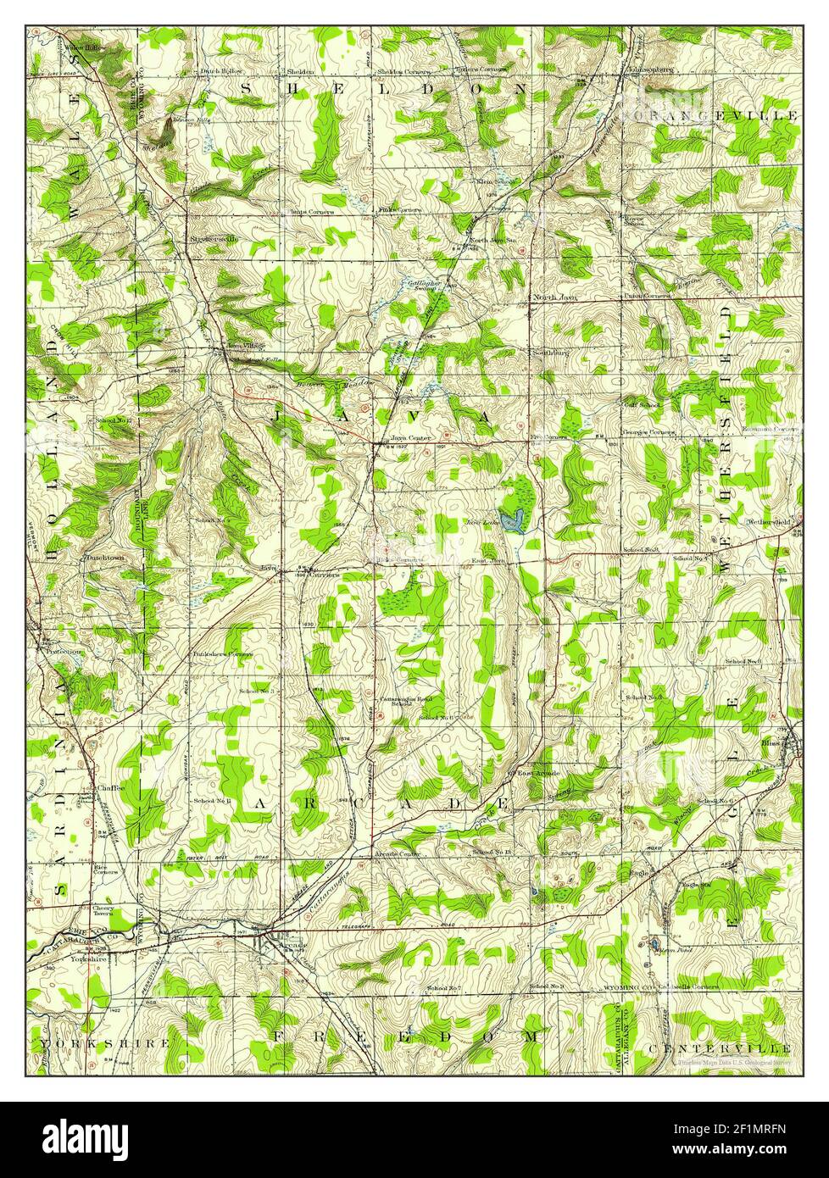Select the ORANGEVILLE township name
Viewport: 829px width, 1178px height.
click(712, 114)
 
